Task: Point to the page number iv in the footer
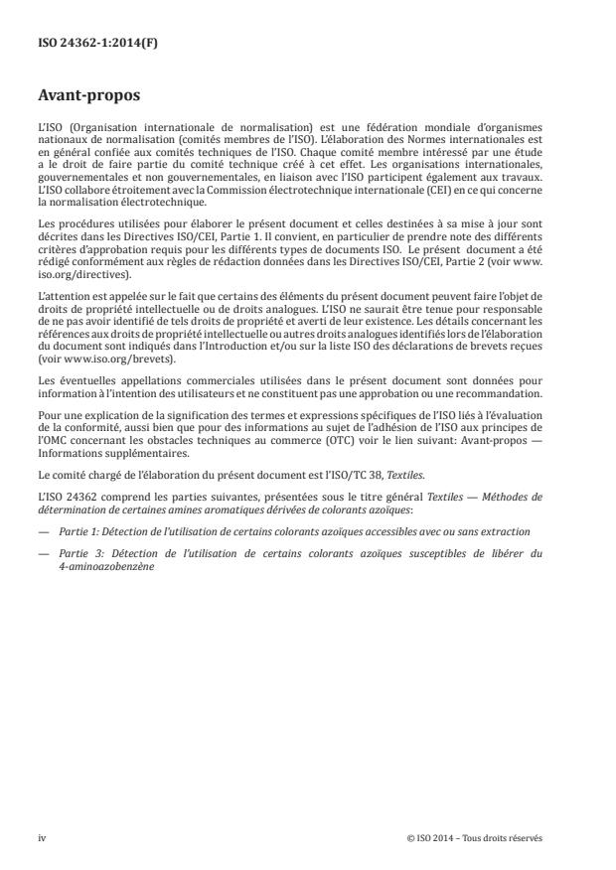(43, 837)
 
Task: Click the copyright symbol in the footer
(409, 837)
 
